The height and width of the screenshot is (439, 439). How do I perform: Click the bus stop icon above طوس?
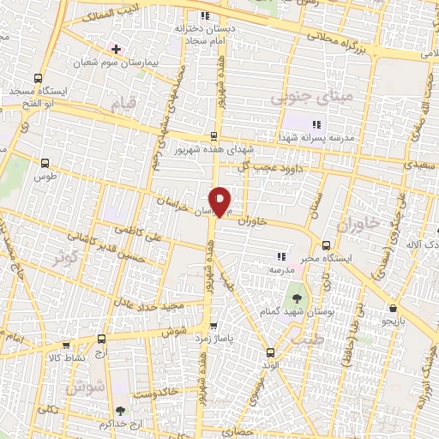45,162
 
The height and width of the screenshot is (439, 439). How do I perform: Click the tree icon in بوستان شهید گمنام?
297,299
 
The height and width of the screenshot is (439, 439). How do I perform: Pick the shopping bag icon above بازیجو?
392,309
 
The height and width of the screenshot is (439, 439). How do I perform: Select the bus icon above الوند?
271,352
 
